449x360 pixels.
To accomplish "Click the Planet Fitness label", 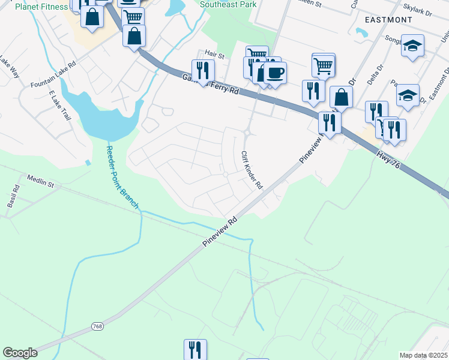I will (41, 7).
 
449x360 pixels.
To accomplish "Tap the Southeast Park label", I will (228, 4).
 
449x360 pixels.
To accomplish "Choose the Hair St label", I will (214, 55).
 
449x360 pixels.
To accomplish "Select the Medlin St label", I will (40, 181).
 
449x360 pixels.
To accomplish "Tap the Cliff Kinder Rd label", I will (252, 170).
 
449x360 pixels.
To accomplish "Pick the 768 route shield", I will (98, 326).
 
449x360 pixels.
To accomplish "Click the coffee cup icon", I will (276, 73).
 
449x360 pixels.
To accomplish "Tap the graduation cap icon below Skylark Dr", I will (412, 45).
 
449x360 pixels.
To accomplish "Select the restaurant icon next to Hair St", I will (203, 70).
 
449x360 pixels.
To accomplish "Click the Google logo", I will (19, 353).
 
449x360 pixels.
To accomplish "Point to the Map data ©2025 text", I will (424, 355).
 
